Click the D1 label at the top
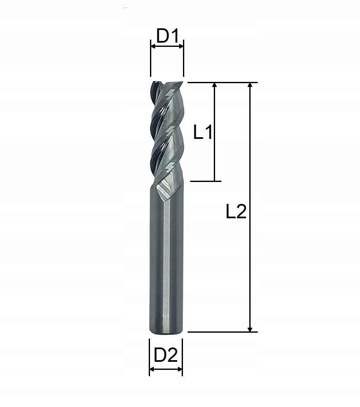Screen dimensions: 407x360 (167, 36)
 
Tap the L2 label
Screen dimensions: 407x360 (236, 212)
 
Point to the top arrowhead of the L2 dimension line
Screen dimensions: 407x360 (250, 86)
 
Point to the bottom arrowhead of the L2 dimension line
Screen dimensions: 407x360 (250, 328)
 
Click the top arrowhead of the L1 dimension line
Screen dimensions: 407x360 (215, 86)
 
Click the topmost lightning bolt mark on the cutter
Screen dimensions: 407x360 (170, 95)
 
